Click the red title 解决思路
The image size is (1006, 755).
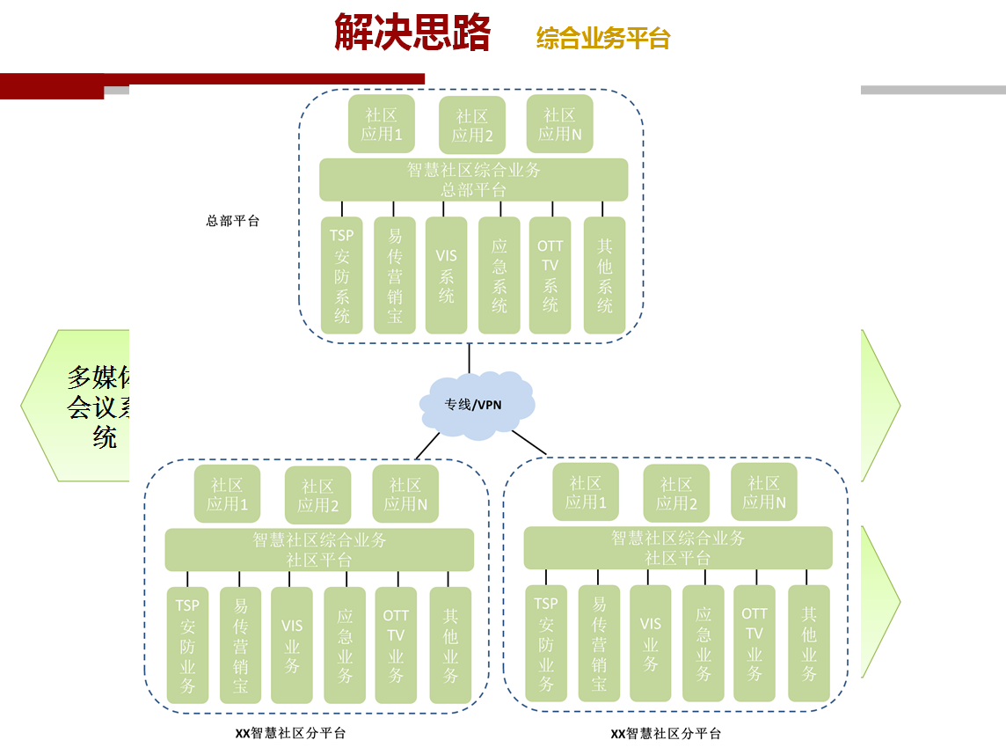coord(412,33)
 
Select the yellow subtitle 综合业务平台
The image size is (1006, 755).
coord(603,39)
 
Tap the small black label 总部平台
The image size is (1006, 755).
coord(233,222)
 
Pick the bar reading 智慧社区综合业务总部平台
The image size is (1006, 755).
coord(473,180)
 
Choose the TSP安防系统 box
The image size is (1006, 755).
coord(342,275)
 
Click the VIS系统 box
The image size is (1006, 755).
coord(447,275)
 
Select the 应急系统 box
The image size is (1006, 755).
coord(499,275)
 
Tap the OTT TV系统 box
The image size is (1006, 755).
coord(550,275)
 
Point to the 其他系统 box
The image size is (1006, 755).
coord(605,275)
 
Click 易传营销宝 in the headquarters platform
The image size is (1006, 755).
coord(395,275)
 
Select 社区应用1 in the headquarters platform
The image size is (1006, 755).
coord(382,125)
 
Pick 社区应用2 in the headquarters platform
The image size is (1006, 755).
coord(472,126)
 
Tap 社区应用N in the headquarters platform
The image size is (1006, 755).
coord(560,125)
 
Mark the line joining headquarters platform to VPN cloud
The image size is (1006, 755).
coord(470,358)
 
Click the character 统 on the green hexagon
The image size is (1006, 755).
coord(105,437)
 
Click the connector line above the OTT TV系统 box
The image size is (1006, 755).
coord(552,209)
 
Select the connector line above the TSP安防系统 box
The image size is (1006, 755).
coord(342,209)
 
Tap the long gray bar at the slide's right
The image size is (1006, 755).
coord(933,90)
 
